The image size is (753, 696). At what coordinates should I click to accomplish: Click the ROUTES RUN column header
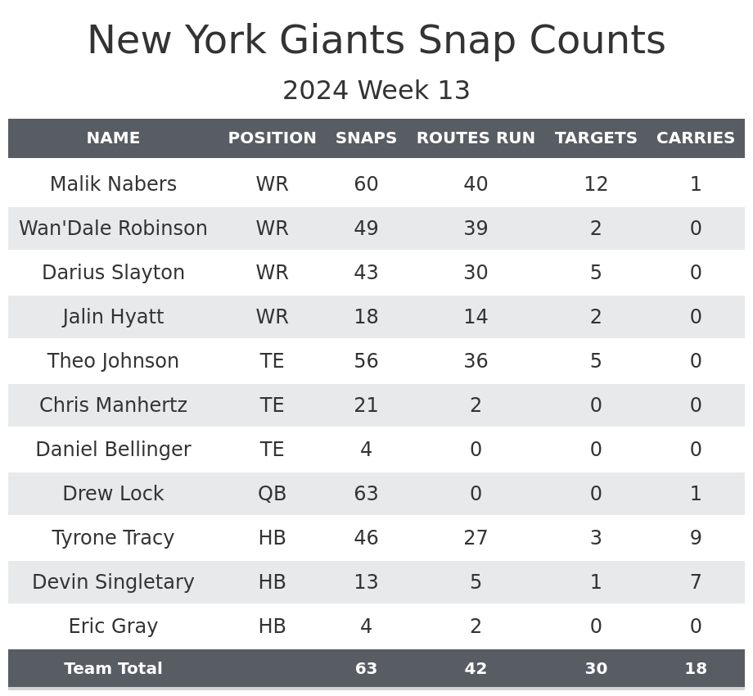pyautogui.click(x=476, y=138)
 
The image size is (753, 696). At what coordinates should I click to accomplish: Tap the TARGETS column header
pyautogui.click(x=596, y=138)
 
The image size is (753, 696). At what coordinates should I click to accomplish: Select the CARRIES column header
pyautogui.click(x=696, y=138)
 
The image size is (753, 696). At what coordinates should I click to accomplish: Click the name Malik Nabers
pyautogui.click(x=113, y=184)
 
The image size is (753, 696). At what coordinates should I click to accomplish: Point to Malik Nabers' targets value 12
pyautogui.click(x=596, y=184)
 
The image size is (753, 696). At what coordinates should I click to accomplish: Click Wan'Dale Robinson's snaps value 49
pyautogui.click(x=366, y=228)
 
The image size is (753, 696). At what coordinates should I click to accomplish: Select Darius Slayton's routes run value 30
pyautogui.click(x=476, y=273)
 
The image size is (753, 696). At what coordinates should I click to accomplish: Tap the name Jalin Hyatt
pyautogui.click(x=113, y=317)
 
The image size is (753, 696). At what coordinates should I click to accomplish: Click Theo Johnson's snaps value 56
pyautogui.click(x=366, y=361)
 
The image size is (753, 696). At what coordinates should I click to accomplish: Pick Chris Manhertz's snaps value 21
pyautogui.click(x=366, y=405)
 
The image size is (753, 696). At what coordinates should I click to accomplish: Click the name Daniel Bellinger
pyautogui.click(x=113, y=450)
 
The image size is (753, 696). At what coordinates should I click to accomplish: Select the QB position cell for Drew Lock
pyautogui.click(x=272, y=494)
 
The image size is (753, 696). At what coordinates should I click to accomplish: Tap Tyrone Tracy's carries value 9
pyautogui.click(x=696, y=538)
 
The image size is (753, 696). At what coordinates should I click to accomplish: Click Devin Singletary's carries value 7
pyautogui.click(x=696, y=582)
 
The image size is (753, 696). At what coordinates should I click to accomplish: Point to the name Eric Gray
pyautogui.click(x=113, y=626)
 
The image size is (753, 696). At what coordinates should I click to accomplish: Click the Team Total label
pyautogui.click(x=113, y=669)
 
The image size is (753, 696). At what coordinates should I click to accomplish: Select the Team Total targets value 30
pyautogui.click(x=596, y=669)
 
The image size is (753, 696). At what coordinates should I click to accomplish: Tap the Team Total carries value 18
pyautogui.click(x=696, y=669)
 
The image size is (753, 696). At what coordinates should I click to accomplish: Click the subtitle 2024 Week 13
pyautogui.click(x=376, y=91)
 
